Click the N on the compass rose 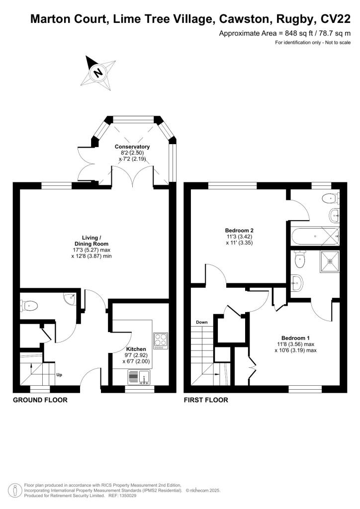pyautogui.click(x=97, y=73)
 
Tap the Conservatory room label pyautogui.click(x=132, y=147)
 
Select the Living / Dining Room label pyautogui.click(x=86, y=241)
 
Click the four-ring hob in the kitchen pyautogui.click(x=161, y=340)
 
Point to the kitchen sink pyautogui.click(x=145, y=378)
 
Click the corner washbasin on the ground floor pyautogui.click(x=69, y=298)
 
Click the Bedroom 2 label pyautogui.click(x=239, y=231)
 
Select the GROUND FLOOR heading pyautogui.click(x=40, y=400)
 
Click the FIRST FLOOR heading pyautogui.click(x=206, y=400)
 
